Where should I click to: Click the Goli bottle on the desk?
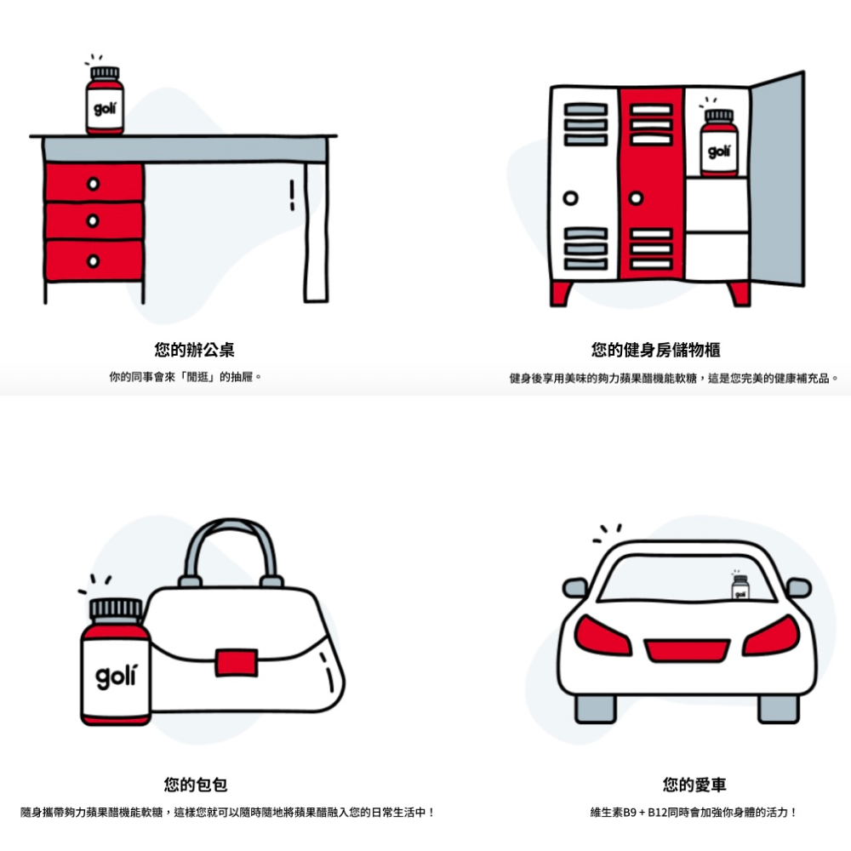pyautogui.click(x=105, y=100)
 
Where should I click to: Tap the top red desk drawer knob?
pyautogui.click(x=94, y=184)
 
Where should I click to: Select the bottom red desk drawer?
pyautogui.click(x=94, y=261)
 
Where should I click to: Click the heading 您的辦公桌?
pyautogui.click(x=194, y=350)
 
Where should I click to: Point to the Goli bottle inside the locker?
pyautogui.click(x=718, y=143)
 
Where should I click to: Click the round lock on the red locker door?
pyautogui.click(x=636, y=198)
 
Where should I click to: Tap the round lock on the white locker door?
pyautogui.click(x=570, y=198)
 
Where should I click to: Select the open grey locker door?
pyautogui.click(x=777, y=179)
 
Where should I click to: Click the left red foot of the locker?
pyautogui.click(x=561, y=294)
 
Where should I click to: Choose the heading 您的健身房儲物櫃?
pyautogui.click(x=655, y=350)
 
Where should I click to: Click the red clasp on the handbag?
pyautogui.click(x=237, y=663)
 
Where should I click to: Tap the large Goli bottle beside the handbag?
pyautogui.click(x=115, y=661)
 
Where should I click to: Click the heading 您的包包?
pyautogui.click(x=196, y=785)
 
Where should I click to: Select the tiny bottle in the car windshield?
pyautogui.click(x=740, y=587)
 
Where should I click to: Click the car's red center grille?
pyautogui.click(x=687, y=650)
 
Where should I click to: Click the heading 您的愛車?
pyautogui.click(x=694, y=785)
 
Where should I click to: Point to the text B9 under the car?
pyautogui.click(x=630, y=813)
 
